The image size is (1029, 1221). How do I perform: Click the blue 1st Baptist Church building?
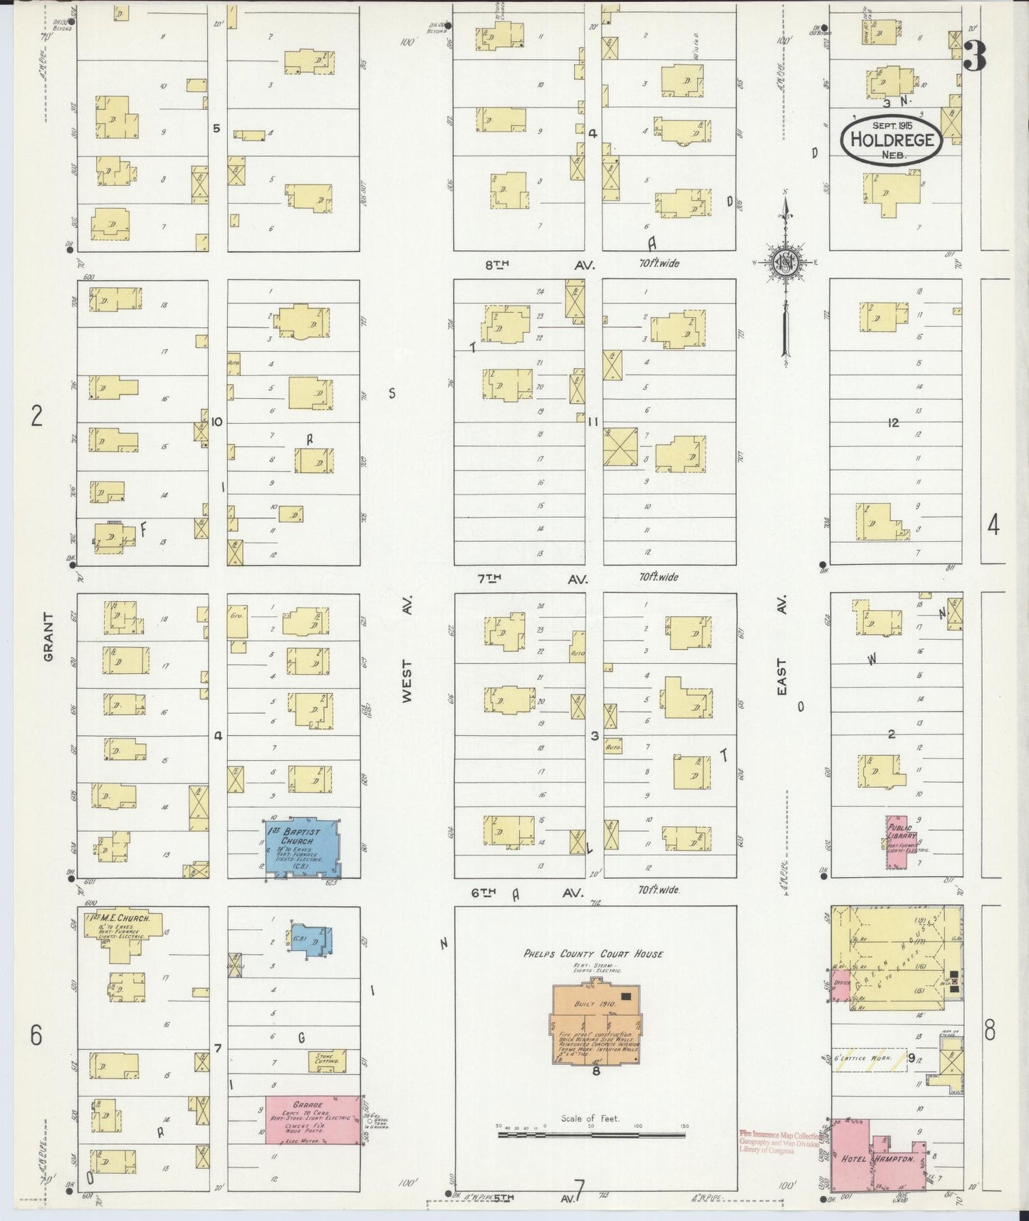(302, 846)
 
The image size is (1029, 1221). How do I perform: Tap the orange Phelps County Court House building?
(595, 1023)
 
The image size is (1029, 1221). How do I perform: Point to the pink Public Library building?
(899, 841)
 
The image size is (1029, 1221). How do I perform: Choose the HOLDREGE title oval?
(891, 139)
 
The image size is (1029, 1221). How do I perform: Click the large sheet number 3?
(975, 56)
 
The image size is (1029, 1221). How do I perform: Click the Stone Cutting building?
(329, 1060)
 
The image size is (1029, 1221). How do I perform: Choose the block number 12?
(893, 422)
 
